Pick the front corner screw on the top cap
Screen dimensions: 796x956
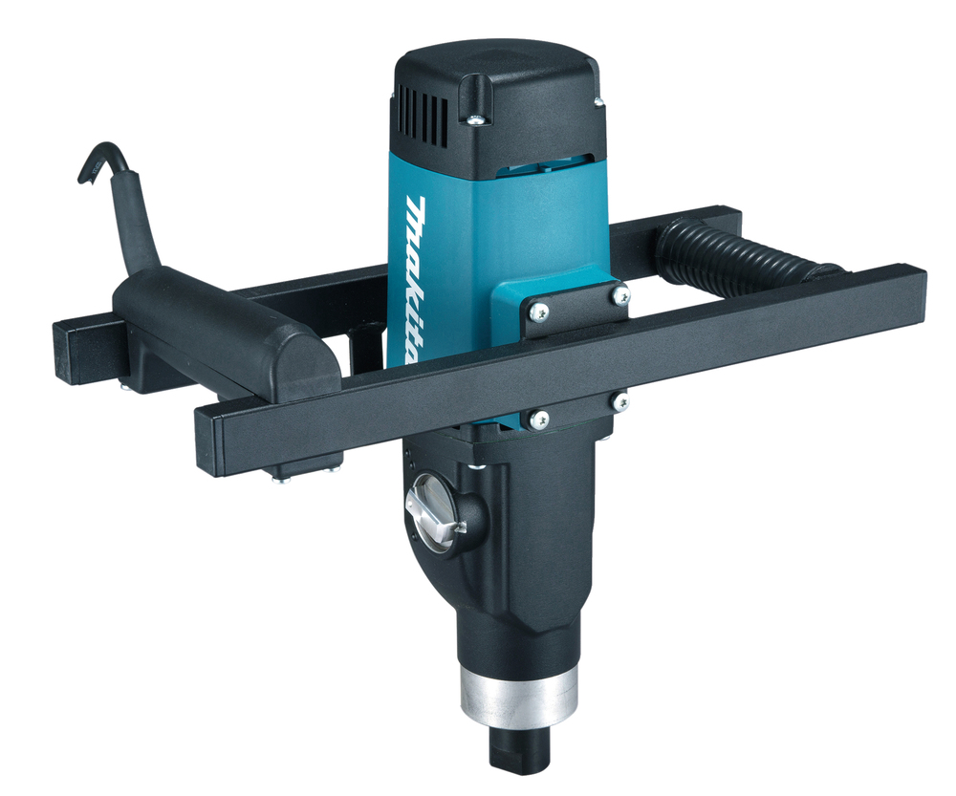pyautogui.click(x=475, y=118)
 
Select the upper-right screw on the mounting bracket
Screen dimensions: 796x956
pyautogui.click(x=619, y=297)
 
